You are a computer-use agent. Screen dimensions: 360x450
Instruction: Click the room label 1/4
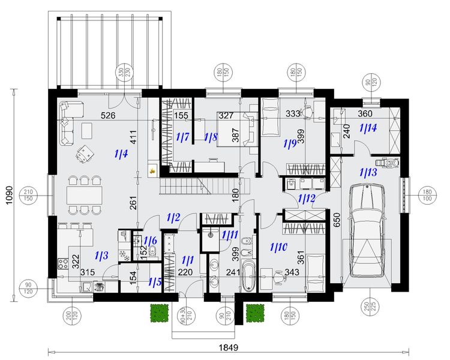point(121,154)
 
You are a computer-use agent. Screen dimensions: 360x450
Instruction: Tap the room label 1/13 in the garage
point(368,173)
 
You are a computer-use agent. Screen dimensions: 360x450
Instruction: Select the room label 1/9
point(291,143)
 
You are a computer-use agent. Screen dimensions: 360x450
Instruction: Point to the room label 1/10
point(279,246)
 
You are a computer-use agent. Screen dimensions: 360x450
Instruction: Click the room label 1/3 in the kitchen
point(101,256)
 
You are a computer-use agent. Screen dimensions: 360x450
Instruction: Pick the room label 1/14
point(368,128)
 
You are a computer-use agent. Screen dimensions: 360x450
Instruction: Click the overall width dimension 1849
point(229,347)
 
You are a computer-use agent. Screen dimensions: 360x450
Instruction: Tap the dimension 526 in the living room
point(107,115)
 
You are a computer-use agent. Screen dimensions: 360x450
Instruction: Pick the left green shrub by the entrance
point(158,313)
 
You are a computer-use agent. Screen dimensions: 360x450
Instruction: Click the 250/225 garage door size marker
point(367,313)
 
